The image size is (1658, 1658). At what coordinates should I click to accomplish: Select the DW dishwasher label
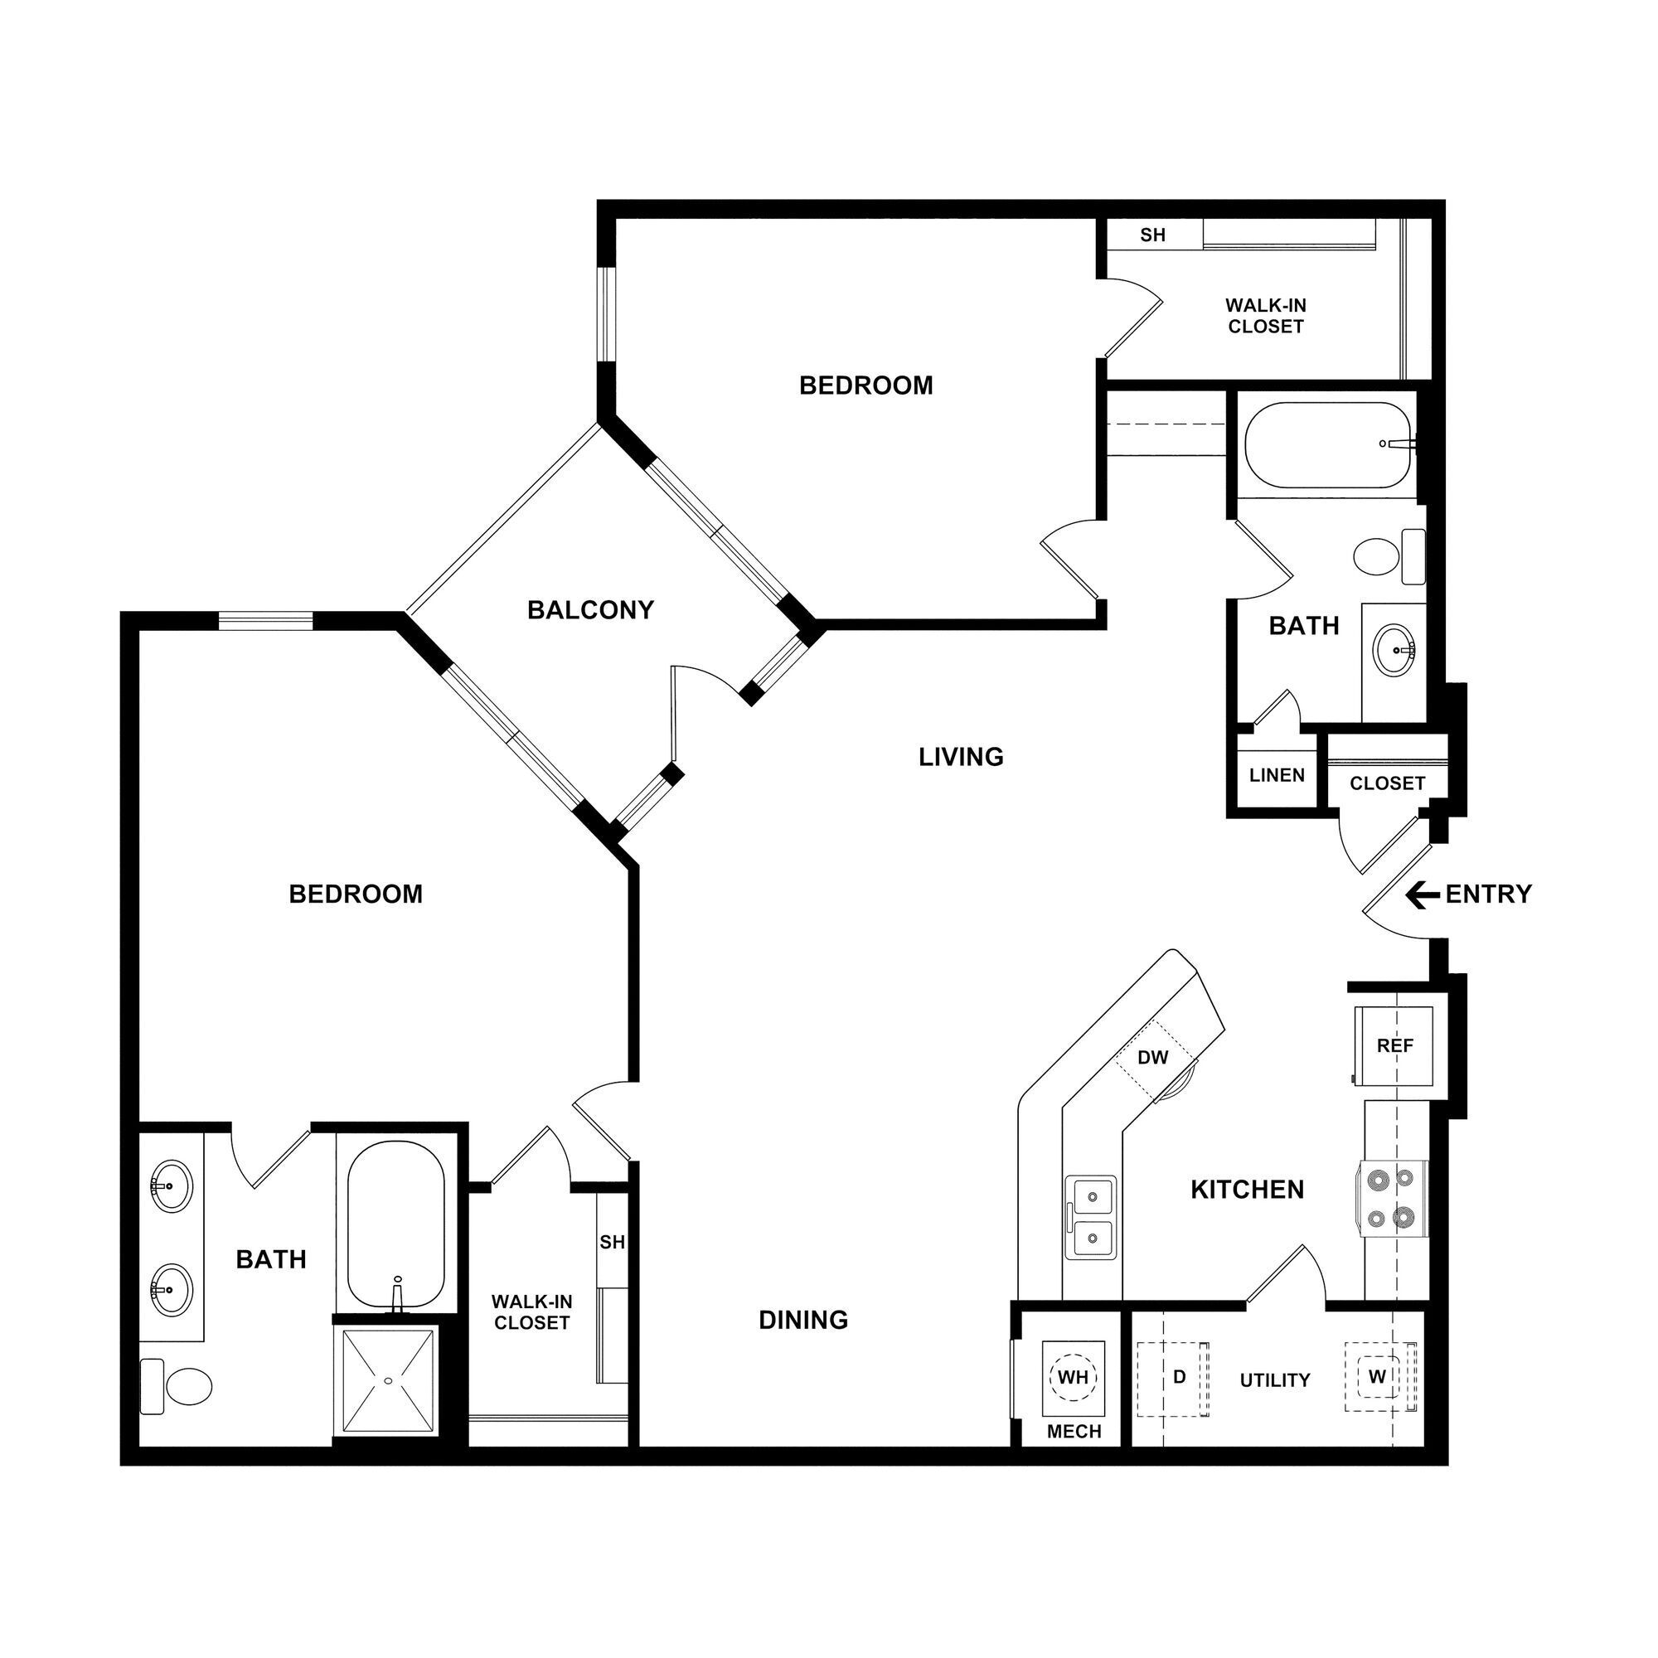coord(1152,1057)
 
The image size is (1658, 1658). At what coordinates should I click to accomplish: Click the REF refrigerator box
coord(1394,1045)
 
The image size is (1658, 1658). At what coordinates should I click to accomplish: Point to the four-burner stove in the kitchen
coord(1392,1199)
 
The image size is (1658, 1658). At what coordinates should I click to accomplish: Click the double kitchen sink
coord(1091,1217)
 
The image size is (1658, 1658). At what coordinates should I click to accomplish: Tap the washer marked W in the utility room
coord(1377,1376)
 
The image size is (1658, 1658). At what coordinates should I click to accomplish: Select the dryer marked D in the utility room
coord(1178,1376)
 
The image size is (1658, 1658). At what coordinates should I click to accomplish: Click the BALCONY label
coord(590,610)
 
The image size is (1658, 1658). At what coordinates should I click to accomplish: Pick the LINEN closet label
coord(1276,775)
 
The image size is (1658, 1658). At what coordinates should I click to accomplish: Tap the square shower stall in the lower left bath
coord(388,1381)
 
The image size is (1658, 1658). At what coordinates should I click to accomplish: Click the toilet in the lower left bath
coord(179,1385)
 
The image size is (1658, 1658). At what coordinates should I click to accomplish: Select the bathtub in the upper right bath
coord(1326,445)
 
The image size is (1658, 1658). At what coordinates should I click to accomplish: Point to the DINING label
coord(803,1320)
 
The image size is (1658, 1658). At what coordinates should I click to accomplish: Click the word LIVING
coord(960,757)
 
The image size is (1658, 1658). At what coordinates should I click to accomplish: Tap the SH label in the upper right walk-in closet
coord(1152,235)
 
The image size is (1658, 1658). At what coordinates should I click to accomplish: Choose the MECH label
coord(1074,1432)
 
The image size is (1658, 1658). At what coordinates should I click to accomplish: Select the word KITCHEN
coord(1247,1190)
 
